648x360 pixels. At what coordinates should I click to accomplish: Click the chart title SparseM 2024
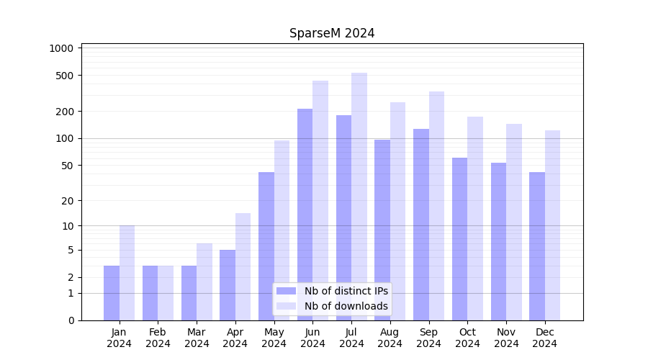(x=332, y=33)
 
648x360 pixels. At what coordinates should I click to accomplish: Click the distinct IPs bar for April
(x=228, y=284)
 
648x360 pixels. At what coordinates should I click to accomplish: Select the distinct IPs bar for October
(x=459, y=238)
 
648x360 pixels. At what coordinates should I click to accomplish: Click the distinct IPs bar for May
(x=266, y=246)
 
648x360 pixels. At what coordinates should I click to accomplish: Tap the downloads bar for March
(x=204, y=282)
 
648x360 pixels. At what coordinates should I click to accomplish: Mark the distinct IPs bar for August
(x=382, y=230)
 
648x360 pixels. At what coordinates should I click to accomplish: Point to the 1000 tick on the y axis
(x=61, y=48)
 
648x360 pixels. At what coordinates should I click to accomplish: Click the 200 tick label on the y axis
(x=66, y=112)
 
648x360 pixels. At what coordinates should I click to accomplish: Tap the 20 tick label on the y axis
(x=67, y=201)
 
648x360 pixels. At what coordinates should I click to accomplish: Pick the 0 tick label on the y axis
(x=71, y=320)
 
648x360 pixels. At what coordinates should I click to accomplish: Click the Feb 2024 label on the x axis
(x=158, y=338)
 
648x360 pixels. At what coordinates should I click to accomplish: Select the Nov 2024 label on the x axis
(x=506, y=338)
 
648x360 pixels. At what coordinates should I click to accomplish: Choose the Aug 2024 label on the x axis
(x=390, y=338)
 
